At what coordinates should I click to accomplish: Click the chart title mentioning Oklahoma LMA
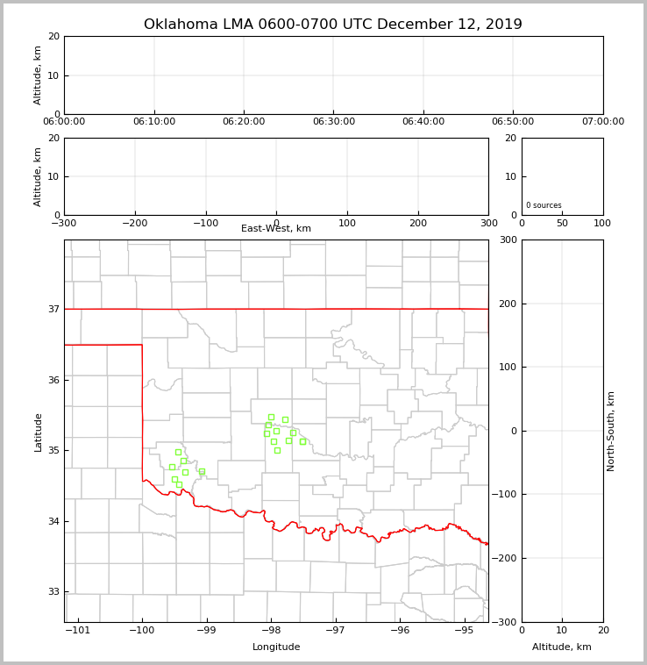point(333,25)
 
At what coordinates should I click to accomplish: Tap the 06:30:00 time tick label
point(334,122)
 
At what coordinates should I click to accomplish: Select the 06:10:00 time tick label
point(154,122)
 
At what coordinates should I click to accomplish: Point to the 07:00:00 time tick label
point(603,122)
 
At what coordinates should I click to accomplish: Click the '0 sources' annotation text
point(544,205)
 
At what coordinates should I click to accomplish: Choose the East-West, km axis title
point(276,229)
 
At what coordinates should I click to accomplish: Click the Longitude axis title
point(276,647)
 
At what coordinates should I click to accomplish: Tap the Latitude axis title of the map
point(39,432)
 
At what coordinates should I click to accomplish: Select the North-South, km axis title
point(611,431)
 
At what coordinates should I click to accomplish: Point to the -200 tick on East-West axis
point(134,223)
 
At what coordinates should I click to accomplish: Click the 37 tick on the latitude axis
point(53,309)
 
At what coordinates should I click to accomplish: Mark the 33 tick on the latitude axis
point(53,591)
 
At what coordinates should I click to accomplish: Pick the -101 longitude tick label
point(78,630)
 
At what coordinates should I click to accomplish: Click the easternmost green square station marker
point(302,441)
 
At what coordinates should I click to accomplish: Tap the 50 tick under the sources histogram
point(562,223)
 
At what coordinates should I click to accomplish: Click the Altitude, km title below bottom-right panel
point(562,647)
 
